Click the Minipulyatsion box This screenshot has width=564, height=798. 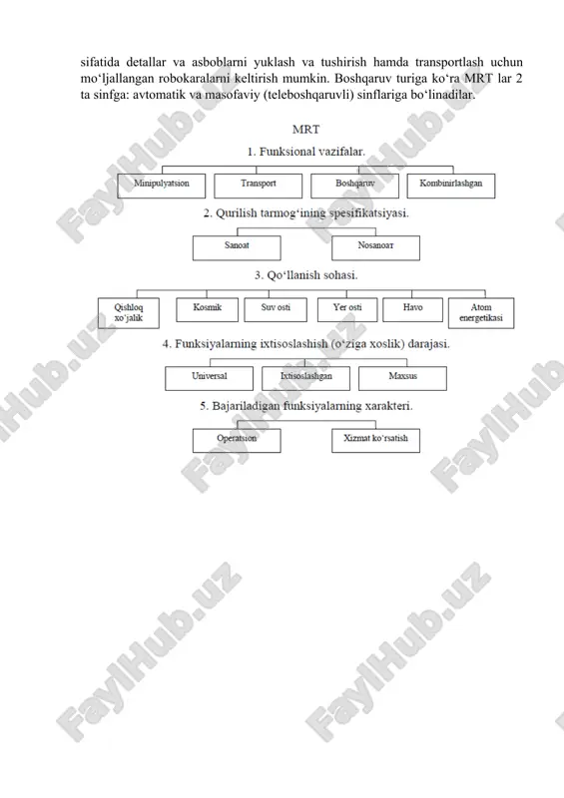(162, 186)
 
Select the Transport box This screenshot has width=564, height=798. (258, 186)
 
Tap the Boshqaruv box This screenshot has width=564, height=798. (354, 186)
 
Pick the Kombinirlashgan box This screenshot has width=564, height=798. (451, 186)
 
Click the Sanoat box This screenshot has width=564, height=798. (237, 247)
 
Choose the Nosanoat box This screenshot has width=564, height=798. (376, 247)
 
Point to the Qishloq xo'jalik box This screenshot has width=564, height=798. (129, 313)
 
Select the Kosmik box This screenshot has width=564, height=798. (208, 310)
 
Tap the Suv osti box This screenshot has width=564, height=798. (276, 310)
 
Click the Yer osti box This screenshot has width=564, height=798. (347, 310)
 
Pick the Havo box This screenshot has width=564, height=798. (412, 310)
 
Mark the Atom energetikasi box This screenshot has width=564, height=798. (481, 313)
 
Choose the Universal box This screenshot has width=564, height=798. (210, 378)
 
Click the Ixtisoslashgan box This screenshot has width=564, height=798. (305, 378)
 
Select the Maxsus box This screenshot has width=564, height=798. (402, 378)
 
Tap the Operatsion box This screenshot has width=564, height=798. (237, 440)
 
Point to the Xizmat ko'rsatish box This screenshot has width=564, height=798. (376, 440)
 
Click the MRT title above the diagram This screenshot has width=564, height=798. (306, 130)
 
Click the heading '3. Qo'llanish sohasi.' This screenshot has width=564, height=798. (306, 275)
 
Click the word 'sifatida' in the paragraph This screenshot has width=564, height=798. (100, 62)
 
